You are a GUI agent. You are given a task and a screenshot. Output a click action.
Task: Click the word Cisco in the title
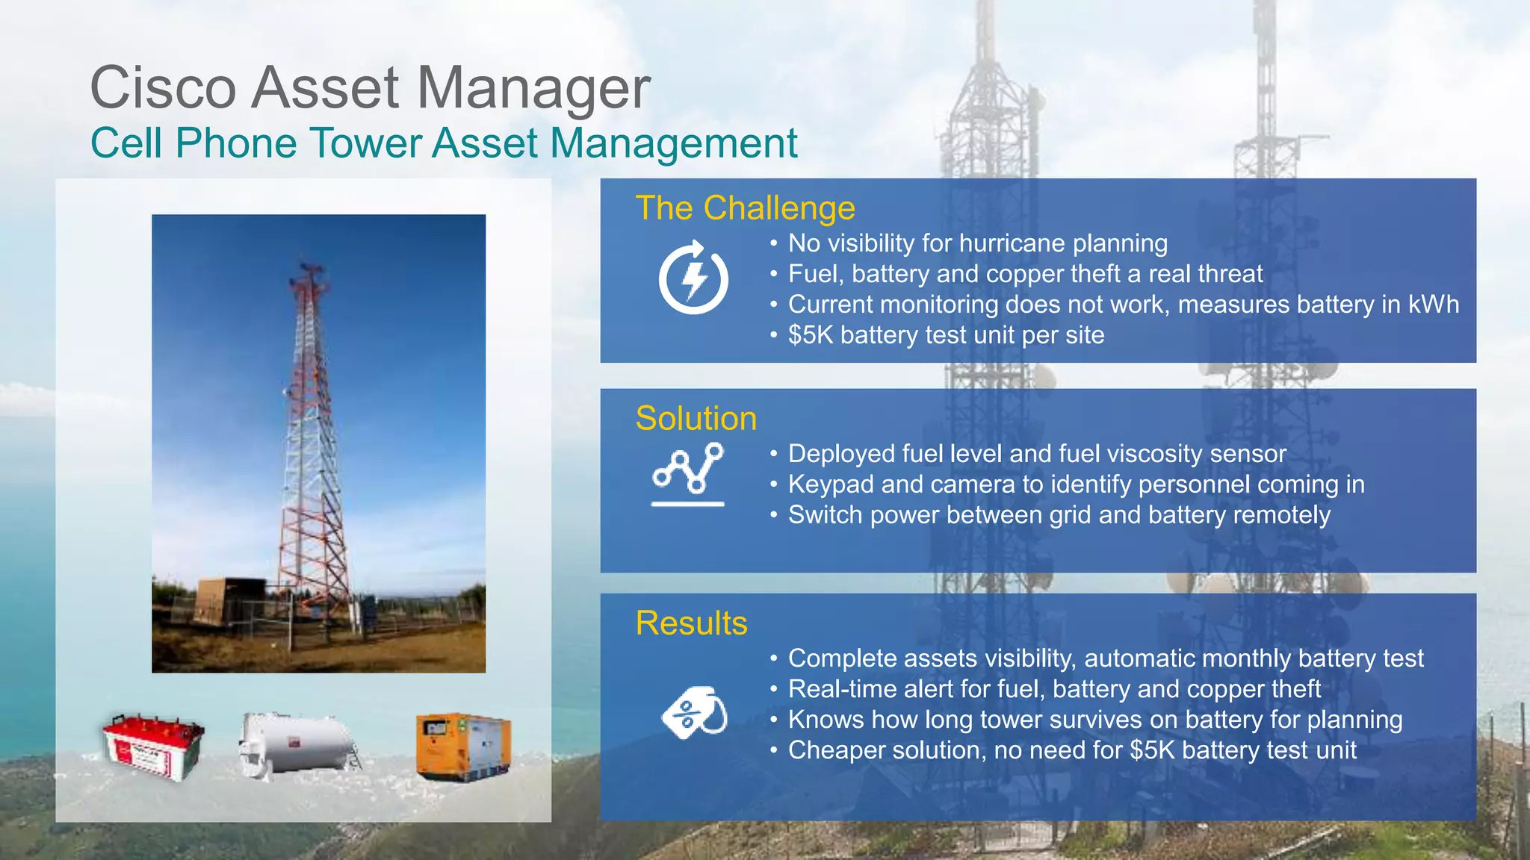click(163, 88)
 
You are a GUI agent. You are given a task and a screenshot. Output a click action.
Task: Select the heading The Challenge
click(745, 208)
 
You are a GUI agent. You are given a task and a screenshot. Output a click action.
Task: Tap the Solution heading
click(696, 418)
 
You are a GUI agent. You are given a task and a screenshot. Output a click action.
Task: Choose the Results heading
click(691, 623)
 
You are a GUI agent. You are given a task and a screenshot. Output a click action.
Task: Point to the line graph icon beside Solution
click(688, 474)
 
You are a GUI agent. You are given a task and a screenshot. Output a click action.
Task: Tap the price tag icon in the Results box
click(695, 712)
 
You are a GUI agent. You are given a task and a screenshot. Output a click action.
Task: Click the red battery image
click(153, 747)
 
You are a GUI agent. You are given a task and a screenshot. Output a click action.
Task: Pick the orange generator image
click(463, 747)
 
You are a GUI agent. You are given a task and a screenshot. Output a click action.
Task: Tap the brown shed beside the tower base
click(224, 601)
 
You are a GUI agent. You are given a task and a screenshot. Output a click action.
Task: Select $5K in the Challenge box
click(810, 335)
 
